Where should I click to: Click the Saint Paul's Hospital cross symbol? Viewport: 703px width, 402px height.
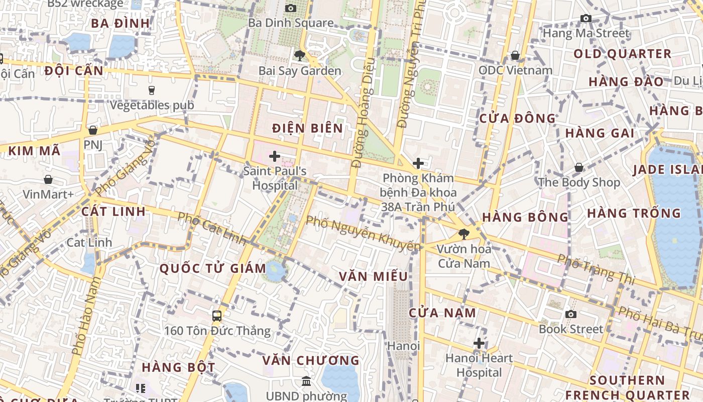tap(274, 156)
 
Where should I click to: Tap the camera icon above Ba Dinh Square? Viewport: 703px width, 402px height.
tap(290, 8)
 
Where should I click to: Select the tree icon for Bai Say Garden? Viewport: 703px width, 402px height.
tap(300, 55)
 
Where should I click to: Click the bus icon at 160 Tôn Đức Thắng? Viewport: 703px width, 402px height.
tap(217, 316)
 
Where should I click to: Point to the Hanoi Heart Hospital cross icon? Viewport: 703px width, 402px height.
tap(479, 343)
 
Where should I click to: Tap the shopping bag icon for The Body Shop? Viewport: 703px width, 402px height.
tap(578, 167)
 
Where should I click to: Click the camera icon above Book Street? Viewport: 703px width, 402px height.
tap(570, 314)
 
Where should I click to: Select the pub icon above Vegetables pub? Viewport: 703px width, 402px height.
tap(151, 90)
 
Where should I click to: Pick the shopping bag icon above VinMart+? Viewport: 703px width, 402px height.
tap(48, 179)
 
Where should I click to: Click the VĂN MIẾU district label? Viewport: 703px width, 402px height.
tap(373, 276)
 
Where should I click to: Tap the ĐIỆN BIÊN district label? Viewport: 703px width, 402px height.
tap(307, 128)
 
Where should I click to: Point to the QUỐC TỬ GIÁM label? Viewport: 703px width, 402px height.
tap(213, 268)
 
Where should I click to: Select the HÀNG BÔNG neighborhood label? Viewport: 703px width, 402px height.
tap(525, 217)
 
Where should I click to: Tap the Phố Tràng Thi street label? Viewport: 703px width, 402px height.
tap(596, 268)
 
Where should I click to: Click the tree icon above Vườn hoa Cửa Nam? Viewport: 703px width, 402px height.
tap(463, 234)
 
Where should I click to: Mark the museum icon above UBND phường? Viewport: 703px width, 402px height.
tap(306, 381)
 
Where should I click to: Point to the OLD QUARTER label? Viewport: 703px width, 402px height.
tap(622, 54)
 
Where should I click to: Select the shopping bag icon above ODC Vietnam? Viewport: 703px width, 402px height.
tap(515, 55)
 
